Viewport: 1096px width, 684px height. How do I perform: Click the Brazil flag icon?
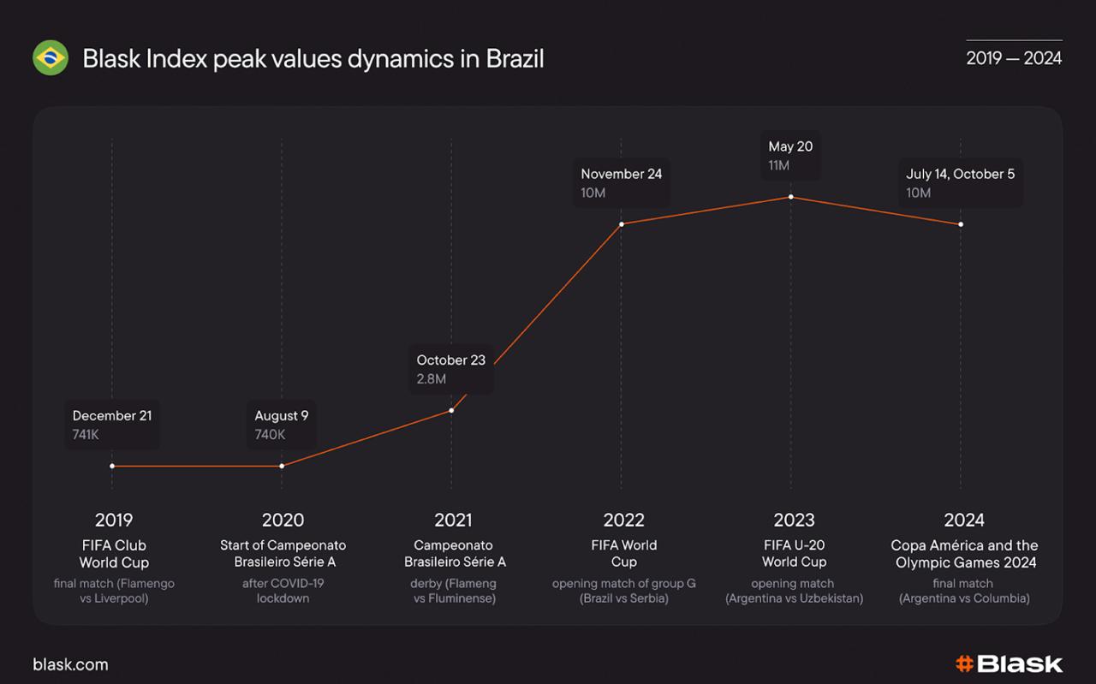51,58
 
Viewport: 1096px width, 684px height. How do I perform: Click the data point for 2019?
112,466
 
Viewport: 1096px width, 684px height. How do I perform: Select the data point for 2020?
282,466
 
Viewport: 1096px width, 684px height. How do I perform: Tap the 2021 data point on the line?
451,410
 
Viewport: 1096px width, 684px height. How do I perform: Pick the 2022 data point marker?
622,224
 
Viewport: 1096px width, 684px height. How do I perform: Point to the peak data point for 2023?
791,197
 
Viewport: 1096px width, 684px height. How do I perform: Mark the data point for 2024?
961,224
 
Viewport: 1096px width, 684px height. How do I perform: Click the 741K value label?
86,435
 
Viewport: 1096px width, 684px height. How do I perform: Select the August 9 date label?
282,416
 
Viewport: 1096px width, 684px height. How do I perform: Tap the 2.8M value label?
432,379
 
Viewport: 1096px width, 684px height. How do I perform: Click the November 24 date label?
622,174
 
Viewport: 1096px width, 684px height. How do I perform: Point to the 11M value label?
779,165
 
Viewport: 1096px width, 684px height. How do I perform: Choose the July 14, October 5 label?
961,174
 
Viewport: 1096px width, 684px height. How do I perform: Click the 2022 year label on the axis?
623,520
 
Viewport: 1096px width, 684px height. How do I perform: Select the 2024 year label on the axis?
964,520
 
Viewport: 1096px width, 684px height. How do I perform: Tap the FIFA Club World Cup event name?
114,554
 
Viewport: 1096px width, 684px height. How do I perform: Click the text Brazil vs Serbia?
624,598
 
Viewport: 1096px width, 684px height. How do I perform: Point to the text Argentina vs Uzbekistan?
795,598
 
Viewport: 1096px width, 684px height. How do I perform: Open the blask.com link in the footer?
70,664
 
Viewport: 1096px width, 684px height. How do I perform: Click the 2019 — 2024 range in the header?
1014,58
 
